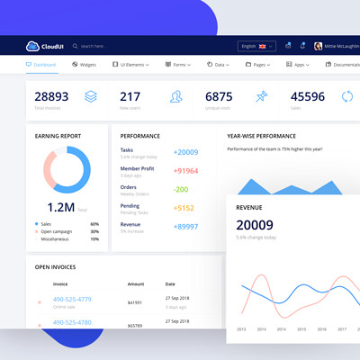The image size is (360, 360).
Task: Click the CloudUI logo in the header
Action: [x=45, y=46]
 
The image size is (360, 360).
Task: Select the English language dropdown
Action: [x=256, y=46]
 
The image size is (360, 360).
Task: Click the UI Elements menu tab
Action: [x=130, y=65]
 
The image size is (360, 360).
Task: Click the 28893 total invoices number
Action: [x=51, y=96]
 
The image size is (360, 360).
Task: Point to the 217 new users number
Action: [x=130, y=96]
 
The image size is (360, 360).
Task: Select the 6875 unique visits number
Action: [x=219, y=96]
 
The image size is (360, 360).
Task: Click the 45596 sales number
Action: [x=308, y=96]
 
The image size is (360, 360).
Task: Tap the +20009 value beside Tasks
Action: [x=186, y=152]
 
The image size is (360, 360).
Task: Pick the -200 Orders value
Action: [x=181, y=189]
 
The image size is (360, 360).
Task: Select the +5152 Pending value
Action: [x=184, y=208]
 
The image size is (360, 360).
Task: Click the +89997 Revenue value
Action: [x=186, y=227]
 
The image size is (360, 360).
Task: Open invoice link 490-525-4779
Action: [x=72, y=299]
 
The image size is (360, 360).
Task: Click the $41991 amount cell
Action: [x=135, y=303]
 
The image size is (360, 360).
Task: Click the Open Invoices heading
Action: [x=55, y=266]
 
